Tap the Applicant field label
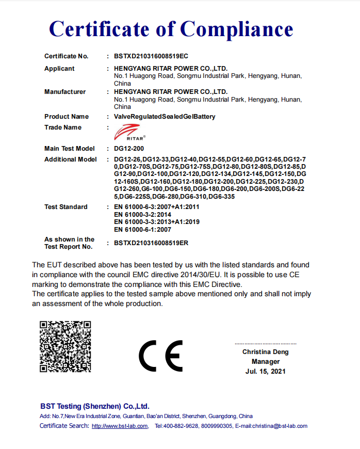point(59,69)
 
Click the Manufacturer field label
point(65,92)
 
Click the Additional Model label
point(70,159)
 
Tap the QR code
point(66,346)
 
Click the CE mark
point(160,356)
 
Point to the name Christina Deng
point(266,352)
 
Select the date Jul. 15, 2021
point(266,371)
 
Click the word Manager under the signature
point(266,362)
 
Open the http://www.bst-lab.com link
point(120,426)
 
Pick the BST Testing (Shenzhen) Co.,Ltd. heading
point(94,406)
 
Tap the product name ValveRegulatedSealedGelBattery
point(165,117)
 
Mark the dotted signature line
point(266,344)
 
